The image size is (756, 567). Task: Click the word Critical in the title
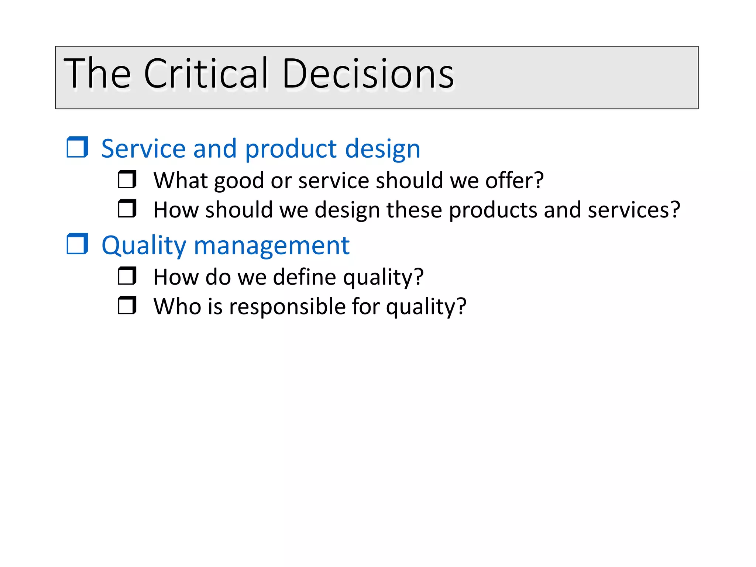pos(205,74)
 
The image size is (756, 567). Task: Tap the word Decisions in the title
pos(368,74)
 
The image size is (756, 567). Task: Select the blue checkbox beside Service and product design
pos(77,147)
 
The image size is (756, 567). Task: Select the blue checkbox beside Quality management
pos(77,244)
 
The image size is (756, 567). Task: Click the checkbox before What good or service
pos(127,179)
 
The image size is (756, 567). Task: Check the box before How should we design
pos(127,209)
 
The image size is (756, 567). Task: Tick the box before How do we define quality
pos(127,276)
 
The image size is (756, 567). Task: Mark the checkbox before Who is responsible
pos(127,306)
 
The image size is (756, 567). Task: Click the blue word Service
pos(143,149)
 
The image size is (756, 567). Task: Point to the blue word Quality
pos(144,246)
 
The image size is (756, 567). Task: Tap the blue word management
pos(271,246)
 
